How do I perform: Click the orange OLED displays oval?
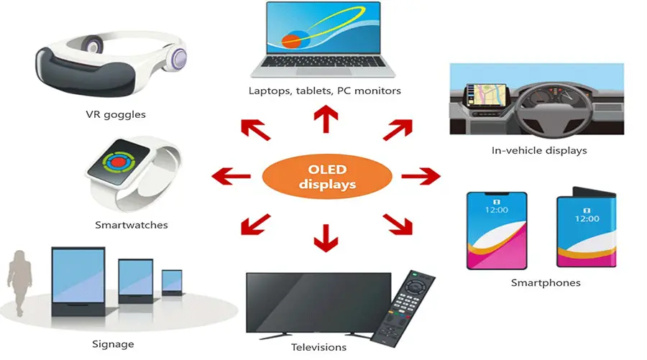coord(326,177)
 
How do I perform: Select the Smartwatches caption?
coord(132,225)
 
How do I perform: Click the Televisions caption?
coord(318,347)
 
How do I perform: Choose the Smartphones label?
coord(546,282)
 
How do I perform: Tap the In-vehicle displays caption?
coord(539,150)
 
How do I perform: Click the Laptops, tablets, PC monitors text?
coord(324,91)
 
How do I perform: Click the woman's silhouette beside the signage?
coord(19,280)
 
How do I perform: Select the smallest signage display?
coord(173,281)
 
